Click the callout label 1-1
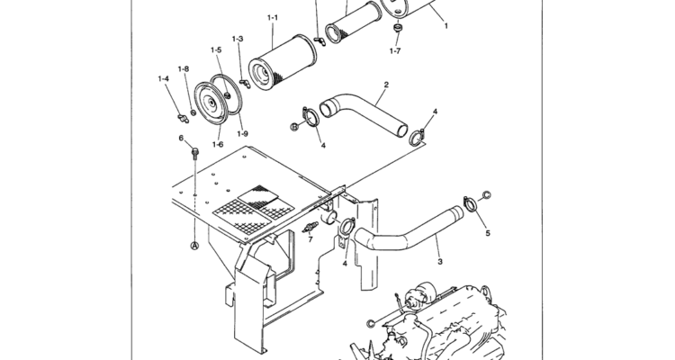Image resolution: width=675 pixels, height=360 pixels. click(x=273, y=18)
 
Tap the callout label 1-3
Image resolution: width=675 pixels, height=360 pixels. click(x=238, y=39)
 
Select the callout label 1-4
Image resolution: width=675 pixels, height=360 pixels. click(x=163, y=78)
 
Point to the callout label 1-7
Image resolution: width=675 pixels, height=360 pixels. click(x=395, y=50)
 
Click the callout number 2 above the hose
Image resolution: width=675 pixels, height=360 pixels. click(x=386, y=85)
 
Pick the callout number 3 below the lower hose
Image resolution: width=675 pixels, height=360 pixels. click(x=440, y=261)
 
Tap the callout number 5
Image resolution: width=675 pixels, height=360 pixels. click(x=488, y=233)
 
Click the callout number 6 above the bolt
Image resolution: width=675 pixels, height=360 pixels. click(x=181, y=138)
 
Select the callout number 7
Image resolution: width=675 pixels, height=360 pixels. click(x=310, y=239)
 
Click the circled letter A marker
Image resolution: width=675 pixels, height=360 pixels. click(x=194, y=246)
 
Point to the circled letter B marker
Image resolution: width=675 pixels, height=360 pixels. click(x=294, y=127)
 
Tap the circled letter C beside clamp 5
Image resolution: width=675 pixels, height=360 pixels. click(x=486, y=195)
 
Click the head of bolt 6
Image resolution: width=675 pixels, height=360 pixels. click(x=195, y=151)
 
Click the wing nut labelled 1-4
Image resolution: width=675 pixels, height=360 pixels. click(x=184, y=118)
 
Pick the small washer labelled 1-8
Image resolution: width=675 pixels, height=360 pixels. click(x=193, y=112)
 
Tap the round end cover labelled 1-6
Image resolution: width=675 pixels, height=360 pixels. click(x=211, y=103)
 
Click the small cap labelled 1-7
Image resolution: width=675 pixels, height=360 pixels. click(x=397, y=28)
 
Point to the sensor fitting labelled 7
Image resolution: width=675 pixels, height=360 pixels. click(x=310, y=227)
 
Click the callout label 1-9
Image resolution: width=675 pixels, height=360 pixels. click(x=242, y=133)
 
